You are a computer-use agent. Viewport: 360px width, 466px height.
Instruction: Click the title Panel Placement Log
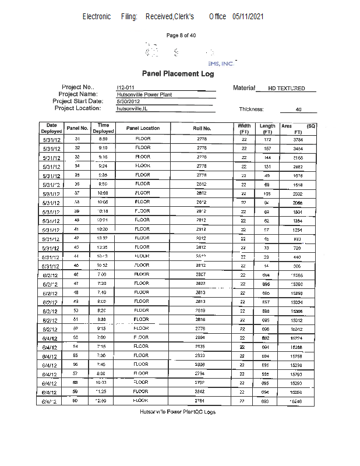[x=178, y=74]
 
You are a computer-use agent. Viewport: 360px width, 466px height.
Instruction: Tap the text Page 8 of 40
[x=181, y=36]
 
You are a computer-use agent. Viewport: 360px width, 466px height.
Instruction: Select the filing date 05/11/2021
[x=248, y=17]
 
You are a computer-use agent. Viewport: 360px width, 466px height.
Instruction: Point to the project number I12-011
[x=125, y=87]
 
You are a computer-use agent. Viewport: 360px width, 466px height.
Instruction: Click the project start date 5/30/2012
[x=129, y=101]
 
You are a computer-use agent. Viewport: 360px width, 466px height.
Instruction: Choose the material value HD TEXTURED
[x=286, y=89]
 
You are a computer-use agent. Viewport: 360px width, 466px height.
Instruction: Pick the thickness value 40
[x=298, y=110]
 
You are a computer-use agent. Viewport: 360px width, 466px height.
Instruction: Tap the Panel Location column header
[x=143, y=128]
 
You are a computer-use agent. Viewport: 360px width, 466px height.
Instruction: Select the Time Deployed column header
[x=103, y=128]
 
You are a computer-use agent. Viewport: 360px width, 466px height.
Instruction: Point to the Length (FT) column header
[x=267, y=129]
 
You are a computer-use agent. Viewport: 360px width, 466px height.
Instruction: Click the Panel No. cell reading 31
[x=77, y=139]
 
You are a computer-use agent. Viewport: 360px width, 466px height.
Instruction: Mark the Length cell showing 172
[x=267, y=139]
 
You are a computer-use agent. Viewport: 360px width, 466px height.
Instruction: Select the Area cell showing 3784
[x=298, y=140]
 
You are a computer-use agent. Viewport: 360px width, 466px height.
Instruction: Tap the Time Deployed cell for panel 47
[x=103, y=284]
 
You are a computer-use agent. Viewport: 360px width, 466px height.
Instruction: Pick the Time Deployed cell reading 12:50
[x=103, y=401]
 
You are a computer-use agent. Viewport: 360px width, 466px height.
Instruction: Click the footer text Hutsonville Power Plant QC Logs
[x=178, y=412]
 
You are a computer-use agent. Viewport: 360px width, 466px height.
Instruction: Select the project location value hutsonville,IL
[x=132, y=108]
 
